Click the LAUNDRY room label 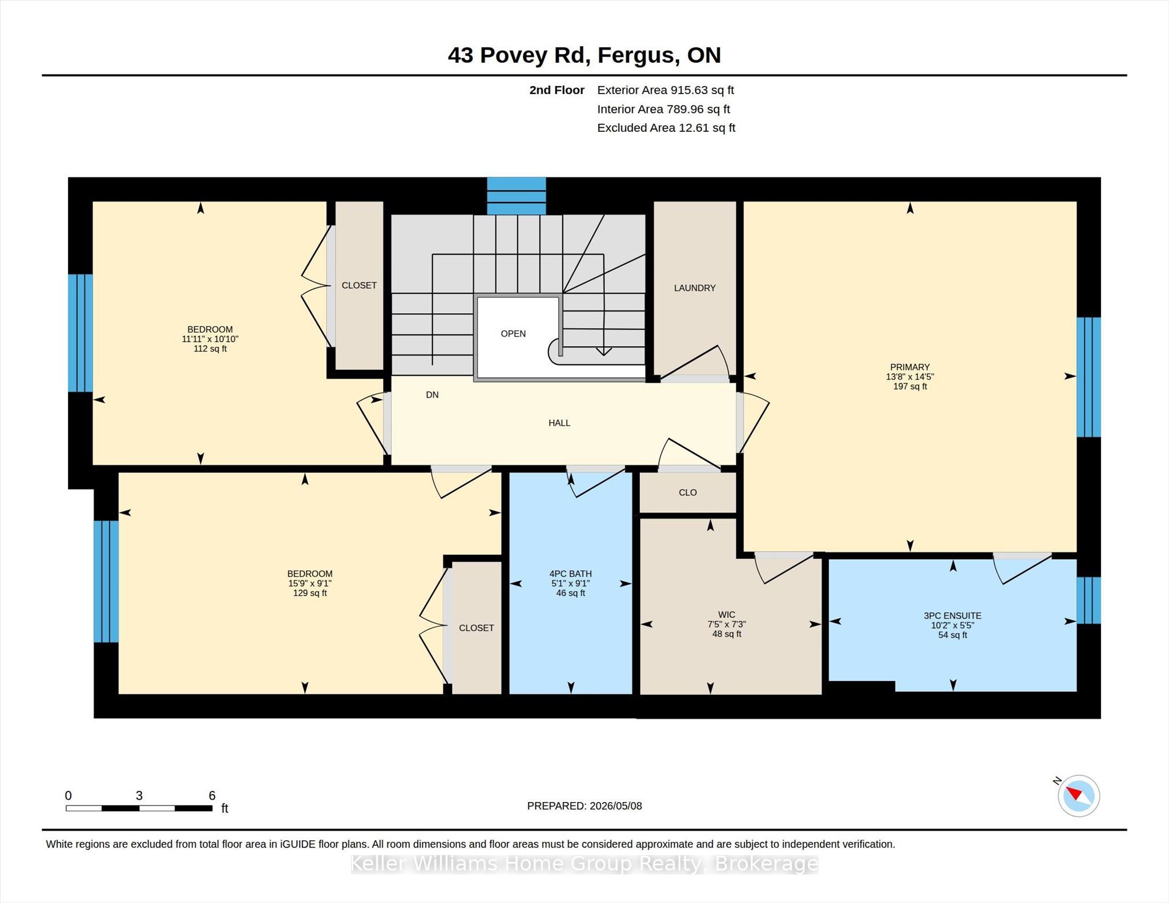pos(695,288)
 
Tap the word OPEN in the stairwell pos(513,334)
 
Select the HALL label pos(559,423)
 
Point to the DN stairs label pos(432,395)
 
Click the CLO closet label pos(688,492)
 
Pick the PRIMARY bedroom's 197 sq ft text pos(910,386)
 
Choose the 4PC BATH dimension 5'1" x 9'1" pos(571,584)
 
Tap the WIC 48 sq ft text pos(727,634)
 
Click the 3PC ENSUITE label pos(953,616)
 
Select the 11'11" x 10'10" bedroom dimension pos(210,339)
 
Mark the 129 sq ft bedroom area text pos(310,593)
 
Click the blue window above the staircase pos(517,196)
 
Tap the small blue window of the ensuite pos(1089,600)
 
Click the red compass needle pos(1074,793)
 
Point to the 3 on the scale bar pos(139,795)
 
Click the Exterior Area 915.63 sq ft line pos(666,90)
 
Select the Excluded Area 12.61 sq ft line pos(666,128)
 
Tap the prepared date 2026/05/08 pos(616,806)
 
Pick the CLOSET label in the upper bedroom pos(359,285)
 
